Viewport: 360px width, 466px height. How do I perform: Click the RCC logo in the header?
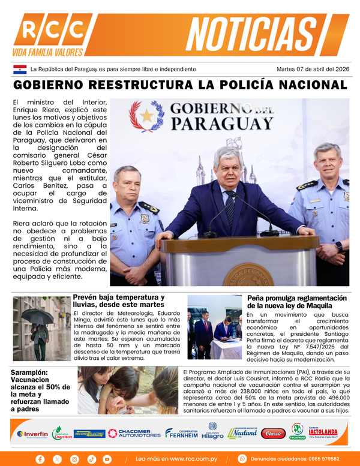(49, 30)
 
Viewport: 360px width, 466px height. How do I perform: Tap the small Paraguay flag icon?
(19, 69)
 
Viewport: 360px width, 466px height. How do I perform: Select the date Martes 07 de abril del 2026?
(313, 69)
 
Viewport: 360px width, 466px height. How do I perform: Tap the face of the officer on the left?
(128, 184)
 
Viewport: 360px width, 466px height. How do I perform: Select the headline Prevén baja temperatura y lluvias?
(118, 301)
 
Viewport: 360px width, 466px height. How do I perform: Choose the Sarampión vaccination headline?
(41, 391)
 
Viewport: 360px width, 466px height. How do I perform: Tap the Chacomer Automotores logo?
(135, 433)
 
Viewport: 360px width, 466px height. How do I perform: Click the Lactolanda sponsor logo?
(323, 432)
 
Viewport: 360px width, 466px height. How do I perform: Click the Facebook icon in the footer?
(40, 459)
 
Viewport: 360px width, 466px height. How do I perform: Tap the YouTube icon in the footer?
(107, 459)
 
